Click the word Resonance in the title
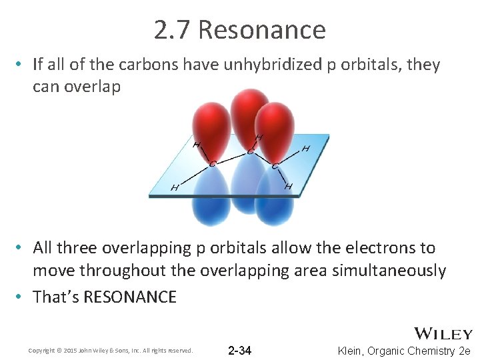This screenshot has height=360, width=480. coord(262,30)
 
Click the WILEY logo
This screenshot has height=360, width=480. coord(443,333)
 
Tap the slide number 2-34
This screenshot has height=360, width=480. coord(239,351)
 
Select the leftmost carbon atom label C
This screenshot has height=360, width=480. coord(212,164)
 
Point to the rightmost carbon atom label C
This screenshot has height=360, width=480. coord(275,165)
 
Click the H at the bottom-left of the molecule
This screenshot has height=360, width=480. coord(174,188)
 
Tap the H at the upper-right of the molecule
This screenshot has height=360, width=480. coord(305,149)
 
